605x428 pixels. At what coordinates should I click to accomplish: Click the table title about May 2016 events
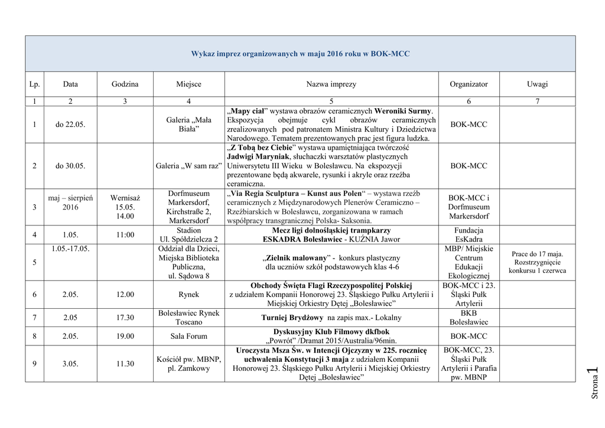300,54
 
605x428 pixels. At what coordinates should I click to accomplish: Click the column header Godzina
125,84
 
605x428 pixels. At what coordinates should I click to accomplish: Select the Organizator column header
469,84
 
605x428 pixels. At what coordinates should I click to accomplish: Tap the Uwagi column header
537,84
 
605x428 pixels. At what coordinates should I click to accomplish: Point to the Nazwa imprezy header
331,84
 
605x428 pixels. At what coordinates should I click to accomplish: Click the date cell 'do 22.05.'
70,125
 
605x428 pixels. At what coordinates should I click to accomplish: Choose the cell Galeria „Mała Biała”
188,125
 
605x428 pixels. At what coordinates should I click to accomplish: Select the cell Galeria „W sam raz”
188,166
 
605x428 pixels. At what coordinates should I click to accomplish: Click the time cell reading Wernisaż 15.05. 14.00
125,207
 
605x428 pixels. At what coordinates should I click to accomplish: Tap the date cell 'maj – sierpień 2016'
70,202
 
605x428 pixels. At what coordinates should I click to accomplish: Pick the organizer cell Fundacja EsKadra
469,235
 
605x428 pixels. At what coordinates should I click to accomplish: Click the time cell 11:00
125,235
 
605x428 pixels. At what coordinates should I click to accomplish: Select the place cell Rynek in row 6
188,295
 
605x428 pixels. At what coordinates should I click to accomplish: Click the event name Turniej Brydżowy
331,318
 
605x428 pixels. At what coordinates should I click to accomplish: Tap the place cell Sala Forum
188,336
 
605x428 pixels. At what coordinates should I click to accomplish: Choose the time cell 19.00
125,336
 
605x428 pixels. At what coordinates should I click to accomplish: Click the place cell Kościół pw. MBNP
188,364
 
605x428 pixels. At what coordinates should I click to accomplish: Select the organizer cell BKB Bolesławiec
469,318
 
